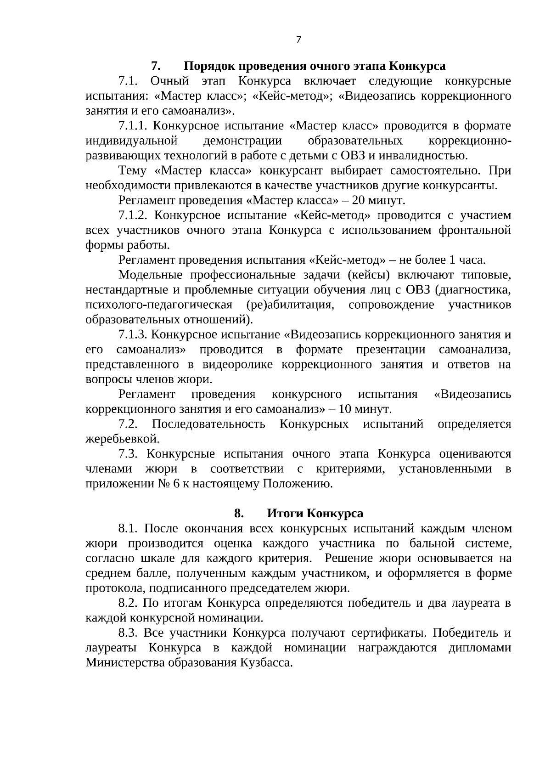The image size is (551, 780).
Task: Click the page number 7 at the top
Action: pyautogui.click(x=298, y=40)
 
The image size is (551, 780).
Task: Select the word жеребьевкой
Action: pyautogui.click(x=123, y=439)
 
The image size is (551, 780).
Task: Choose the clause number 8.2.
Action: pyautogui.click(x=129, y=603)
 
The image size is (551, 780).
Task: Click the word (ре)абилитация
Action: pyautogui.click(x=289, y=305)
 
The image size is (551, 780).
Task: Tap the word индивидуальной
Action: pyautogui.click(x=132, y=141)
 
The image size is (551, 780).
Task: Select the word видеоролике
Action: pyautogui.click(x=237, y=365)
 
